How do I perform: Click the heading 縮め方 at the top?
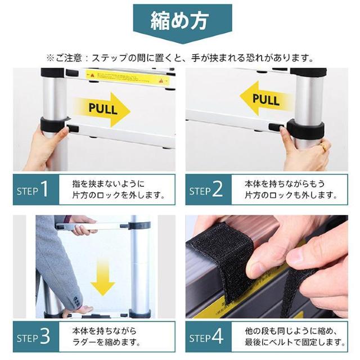(179, 21)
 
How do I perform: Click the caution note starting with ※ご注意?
(179, 57)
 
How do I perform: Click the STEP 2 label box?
(208, 190)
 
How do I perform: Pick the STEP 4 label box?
(208, 337)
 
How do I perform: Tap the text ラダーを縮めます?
(104, 343)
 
